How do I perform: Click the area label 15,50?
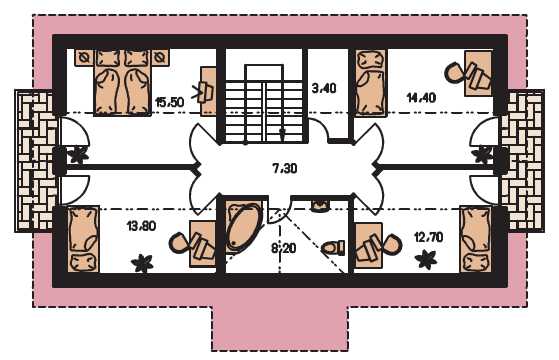coord(170,102)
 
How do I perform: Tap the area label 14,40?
coord(421,97)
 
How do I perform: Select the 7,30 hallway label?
coord(285,168)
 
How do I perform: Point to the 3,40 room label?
coord(324,88)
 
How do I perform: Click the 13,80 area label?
coord(141,226)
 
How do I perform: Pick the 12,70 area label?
coord(429,237)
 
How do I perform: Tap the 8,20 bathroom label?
coord(284,248)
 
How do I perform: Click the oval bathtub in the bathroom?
coord(244,226)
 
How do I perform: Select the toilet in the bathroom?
coord(333,248)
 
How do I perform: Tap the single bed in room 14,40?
coord(371,83)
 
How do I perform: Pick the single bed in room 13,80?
coord(83,239)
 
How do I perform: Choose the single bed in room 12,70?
coord(476,239)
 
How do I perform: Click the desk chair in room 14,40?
coord(454,73)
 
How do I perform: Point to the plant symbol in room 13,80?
coord(142,263)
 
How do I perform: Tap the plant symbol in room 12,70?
coord(426,259)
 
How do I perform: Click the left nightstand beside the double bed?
coord(84,57)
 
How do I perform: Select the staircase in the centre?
coord(264,103)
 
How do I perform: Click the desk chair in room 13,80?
coord(179,243)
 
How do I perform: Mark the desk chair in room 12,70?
coord(392,244)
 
